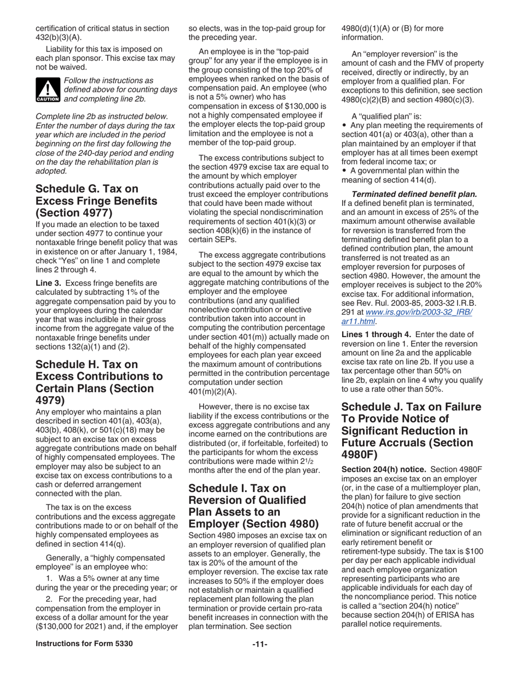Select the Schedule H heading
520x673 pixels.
[99, 382]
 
